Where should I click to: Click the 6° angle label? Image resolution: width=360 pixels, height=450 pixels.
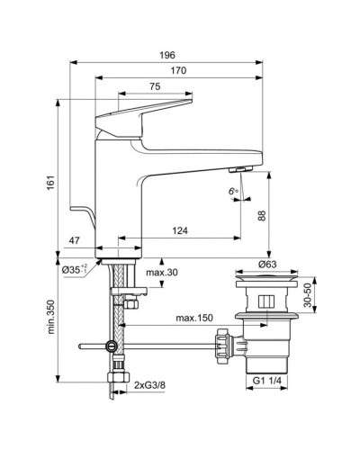233,191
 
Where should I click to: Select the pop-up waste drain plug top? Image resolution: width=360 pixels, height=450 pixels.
267,278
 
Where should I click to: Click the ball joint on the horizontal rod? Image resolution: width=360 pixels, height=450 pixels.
111,346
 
